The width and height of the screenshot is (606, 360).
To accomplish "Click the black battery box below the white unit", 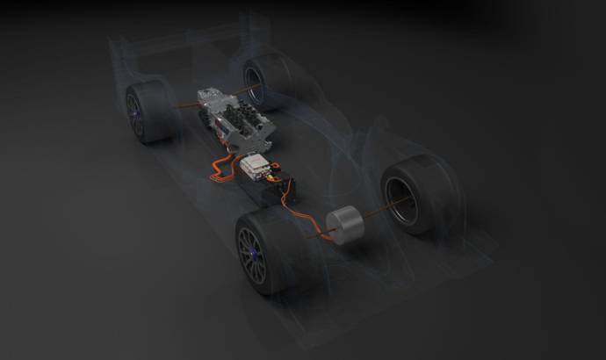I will pyautogui.click(x=272, y=189).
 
